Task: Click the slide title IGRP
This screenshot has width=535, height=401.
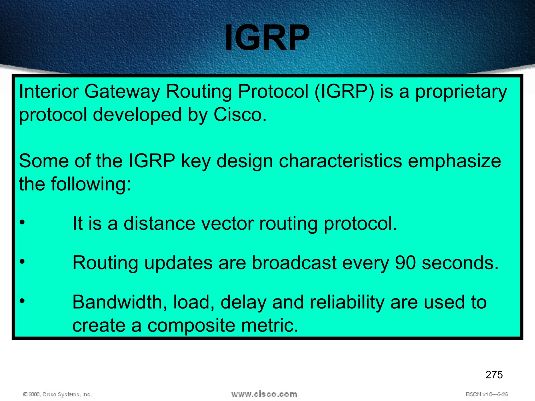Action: (267, 38)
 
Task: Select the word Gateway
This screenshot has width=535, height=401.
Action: (122, 92)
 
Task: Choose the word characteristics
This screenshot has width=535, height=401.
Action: (340, 161)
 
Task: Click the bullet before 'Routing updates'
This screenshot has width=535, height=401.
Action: (22, 262)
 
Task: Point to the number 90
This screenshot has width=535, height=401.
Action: (405, 263)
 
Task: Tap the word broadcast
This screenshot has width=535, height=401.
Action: (294, 263)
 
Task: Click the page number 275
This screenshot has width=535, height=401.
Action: (494, 375)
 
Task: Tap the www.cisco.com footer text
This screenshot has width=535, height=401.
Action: (264, 394)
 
